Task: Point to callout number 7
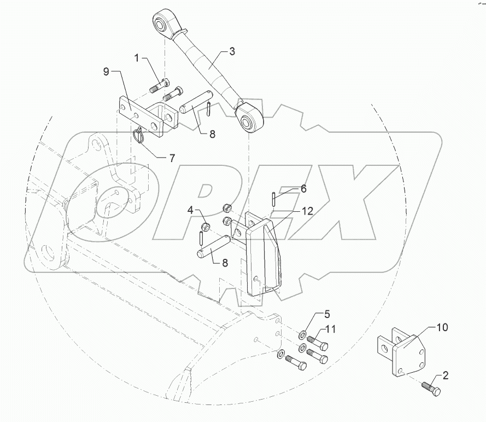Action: pos(172,158)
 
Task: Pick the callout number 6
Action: pos(303,188)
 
